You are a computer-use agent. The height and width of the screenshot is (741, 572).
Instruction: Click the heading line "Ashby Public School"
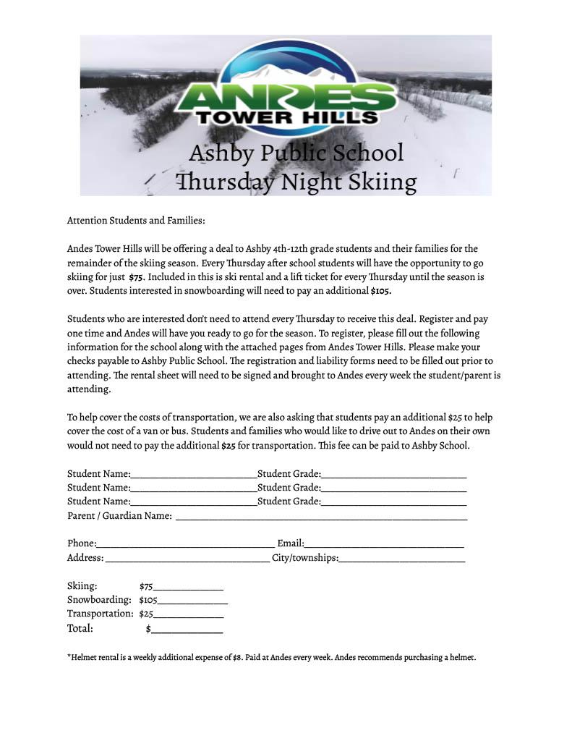click(x=296, y=153)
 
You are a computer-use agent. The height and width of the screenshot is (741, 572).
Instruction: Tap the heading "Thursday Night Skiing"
click(x=296, y=181)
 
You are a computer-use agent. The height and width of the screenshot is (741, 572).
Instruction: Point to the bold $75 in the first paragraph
click(x=136, y=276)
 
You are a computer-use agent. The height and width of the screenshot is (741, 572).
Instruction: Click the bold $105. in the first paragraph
click(x=380, y=290)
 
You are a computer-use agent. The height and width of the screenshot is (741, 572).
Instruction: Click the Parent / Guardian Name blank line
click(x=321, y=517)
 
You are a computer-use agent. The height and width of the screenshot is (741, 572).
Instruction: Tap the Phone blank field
click(x=185, y=544)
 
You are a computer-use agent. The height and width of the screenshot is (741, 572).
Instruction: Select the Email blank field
click(x=384, y=544)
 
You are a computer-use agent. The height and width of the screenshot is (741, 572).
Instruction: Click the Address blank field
click(x=187, y=559)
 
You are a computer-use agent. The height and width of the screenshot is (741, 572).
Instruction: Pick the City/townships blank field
click(x=401, y=559)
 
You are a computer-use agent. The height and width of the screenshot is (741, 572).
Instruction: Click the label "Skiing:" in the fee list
click(x=82, y=586)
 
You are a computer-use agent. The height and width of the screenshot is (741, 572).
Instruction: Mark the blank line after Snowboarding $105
click(x=192, y=601)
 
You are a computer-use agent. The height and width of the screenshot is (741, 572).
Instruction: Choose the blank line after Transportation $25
click(x=189, y=614)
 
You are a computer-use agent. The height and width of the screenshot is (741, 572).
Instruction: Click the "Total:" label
click(x=80, y=628)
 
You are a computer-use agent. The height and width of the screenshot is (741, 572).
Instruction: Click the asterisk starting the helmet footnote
click(x=69, y=656)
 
